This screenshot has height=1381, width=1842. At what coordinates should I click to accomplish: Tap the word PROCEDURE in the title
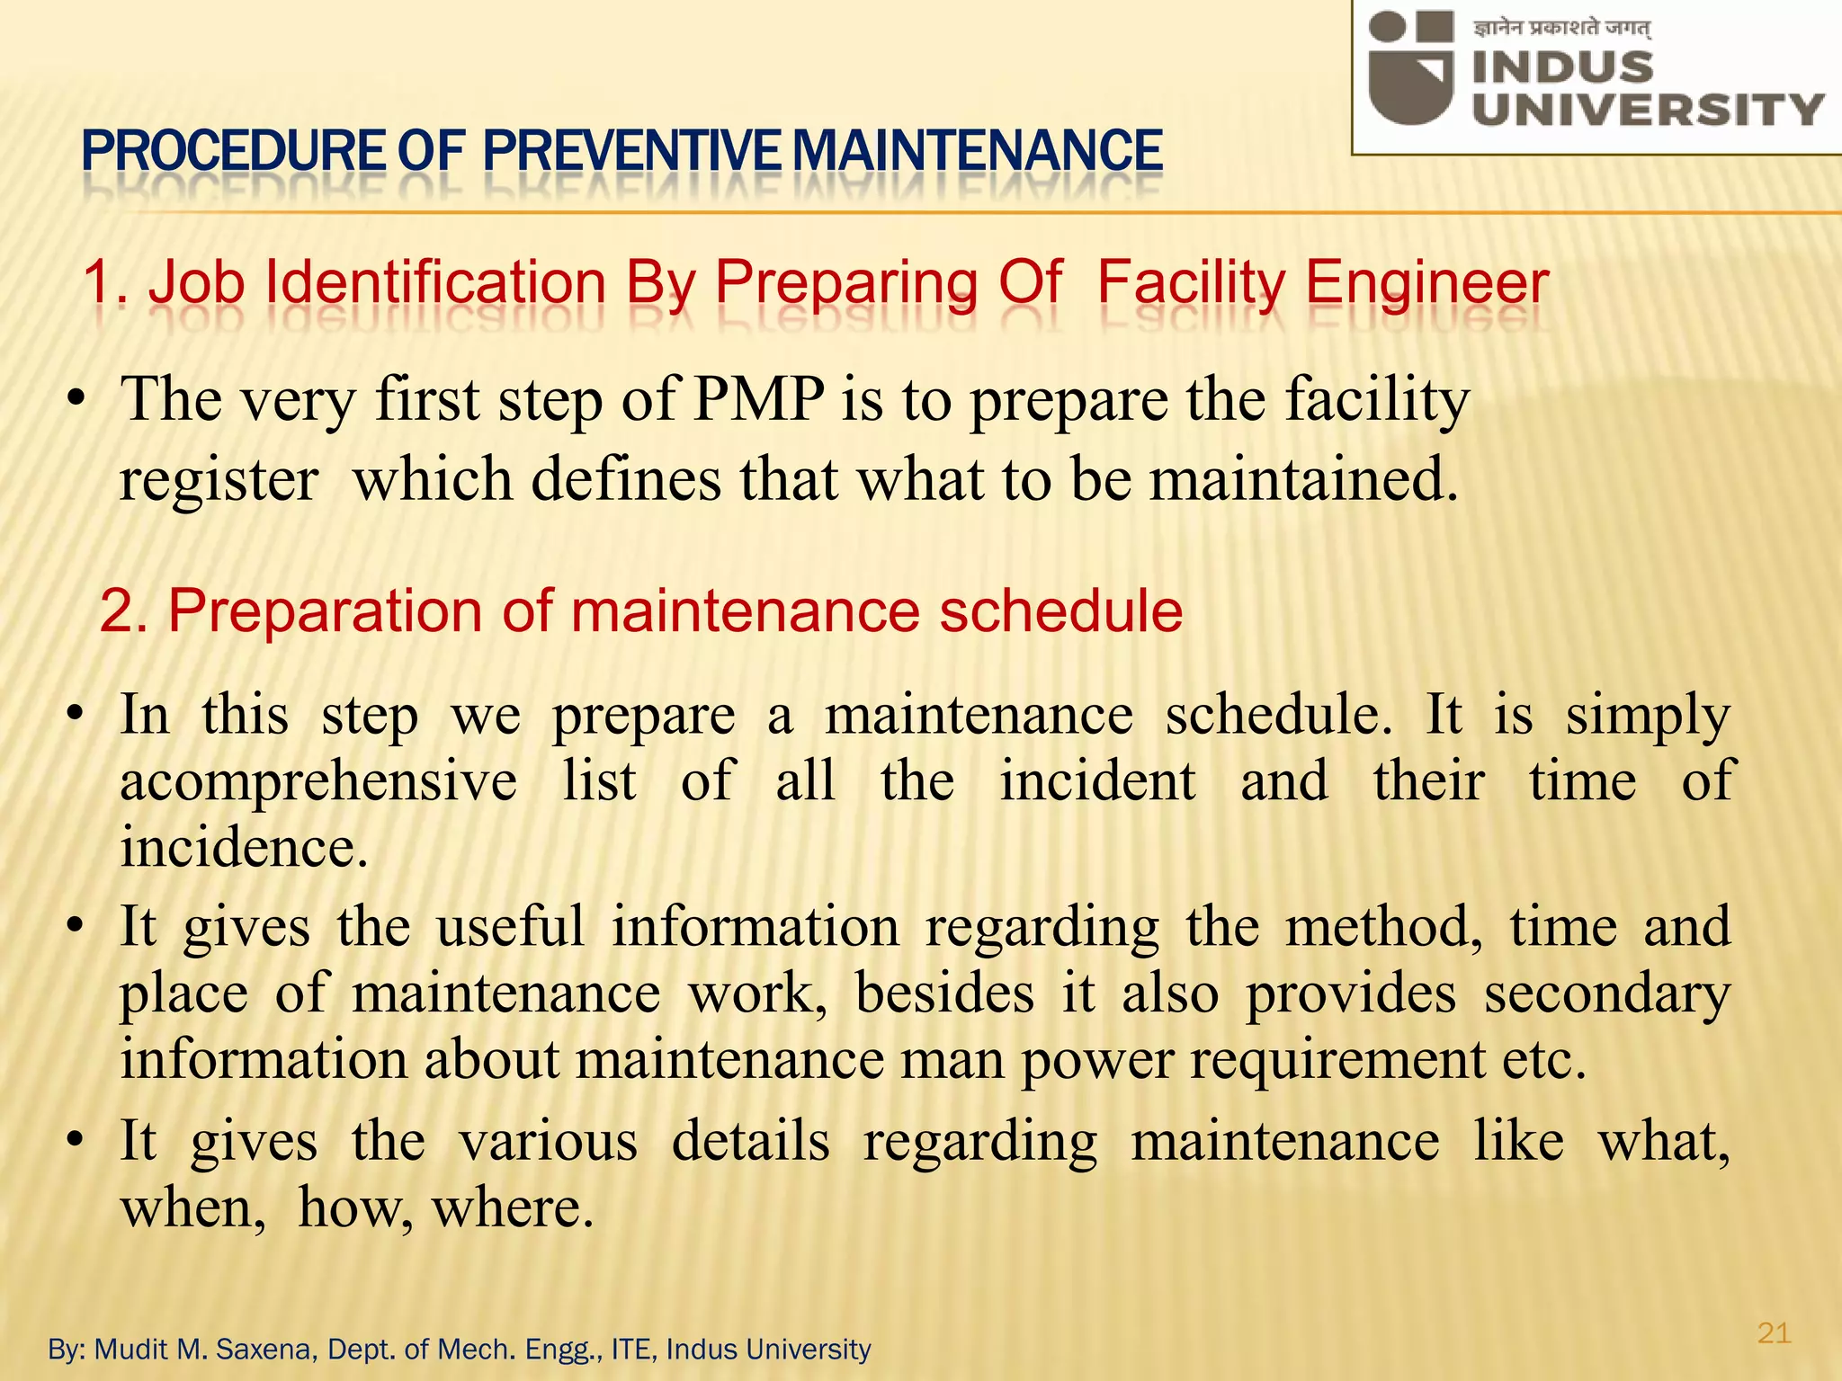pos(232,151)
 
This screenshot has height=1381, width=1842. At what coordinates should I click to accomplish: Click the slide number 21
pos(1774,1332)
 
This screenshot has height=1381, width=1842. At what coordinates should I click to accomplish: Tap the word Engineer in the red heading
pos(1426,283)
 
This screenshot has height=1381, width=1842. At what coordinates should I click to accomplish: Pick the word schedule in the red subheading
pos(1061,611)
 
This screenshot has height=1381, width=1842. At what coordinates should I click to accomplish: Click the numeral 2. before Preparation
pos(126,611)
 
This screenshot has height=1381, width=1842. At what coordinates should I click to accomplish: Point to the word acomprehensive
pos(318,780)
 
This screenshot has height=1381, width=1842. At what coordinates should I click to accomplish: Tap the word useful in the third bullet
pos(510,927)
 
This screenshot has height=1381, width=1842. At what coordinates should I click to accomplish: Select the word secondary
pos(1606,994)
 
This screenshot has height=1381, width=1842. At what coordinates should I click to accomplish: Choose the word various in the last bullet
pos(549,1142)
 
